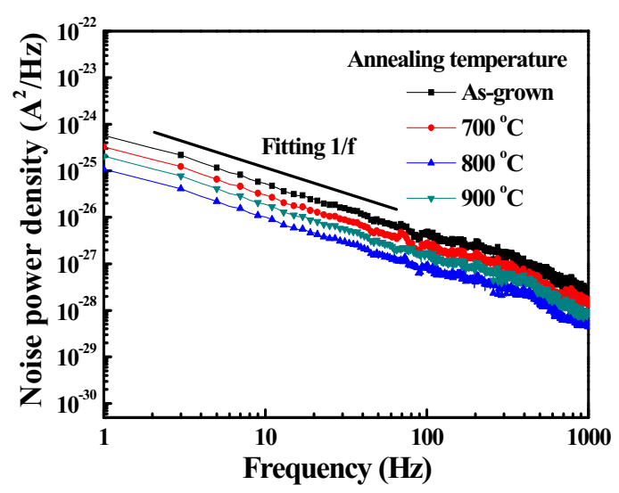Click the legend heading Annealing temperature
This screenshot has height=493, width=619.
coord(457,61)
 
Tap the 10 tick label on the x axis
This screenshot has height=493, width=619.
coord(265,437)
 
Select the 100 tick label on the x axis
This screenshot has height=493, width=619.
coord(426,437)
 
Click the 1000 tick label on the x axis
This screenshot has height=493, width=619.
coord(586,437)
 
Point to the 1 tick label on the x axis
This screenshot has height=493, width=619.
coord(105,437)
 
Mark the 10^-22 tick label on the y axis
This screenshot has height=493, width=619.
coord(76,32)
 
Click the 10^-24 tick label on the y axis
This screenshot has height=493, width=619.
coord(76,125)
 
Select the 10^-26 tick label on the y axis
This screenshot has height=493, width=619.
coord(76,218)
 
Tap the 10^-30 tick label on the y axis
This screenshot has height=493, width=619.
coord(76,404)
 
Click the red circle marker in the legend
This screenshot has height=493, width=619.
coord(432,127)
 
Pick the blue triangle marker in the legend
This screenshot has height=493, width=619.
coord(432,163)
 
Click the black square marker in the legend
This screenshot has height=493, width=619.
coord(432,92)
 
